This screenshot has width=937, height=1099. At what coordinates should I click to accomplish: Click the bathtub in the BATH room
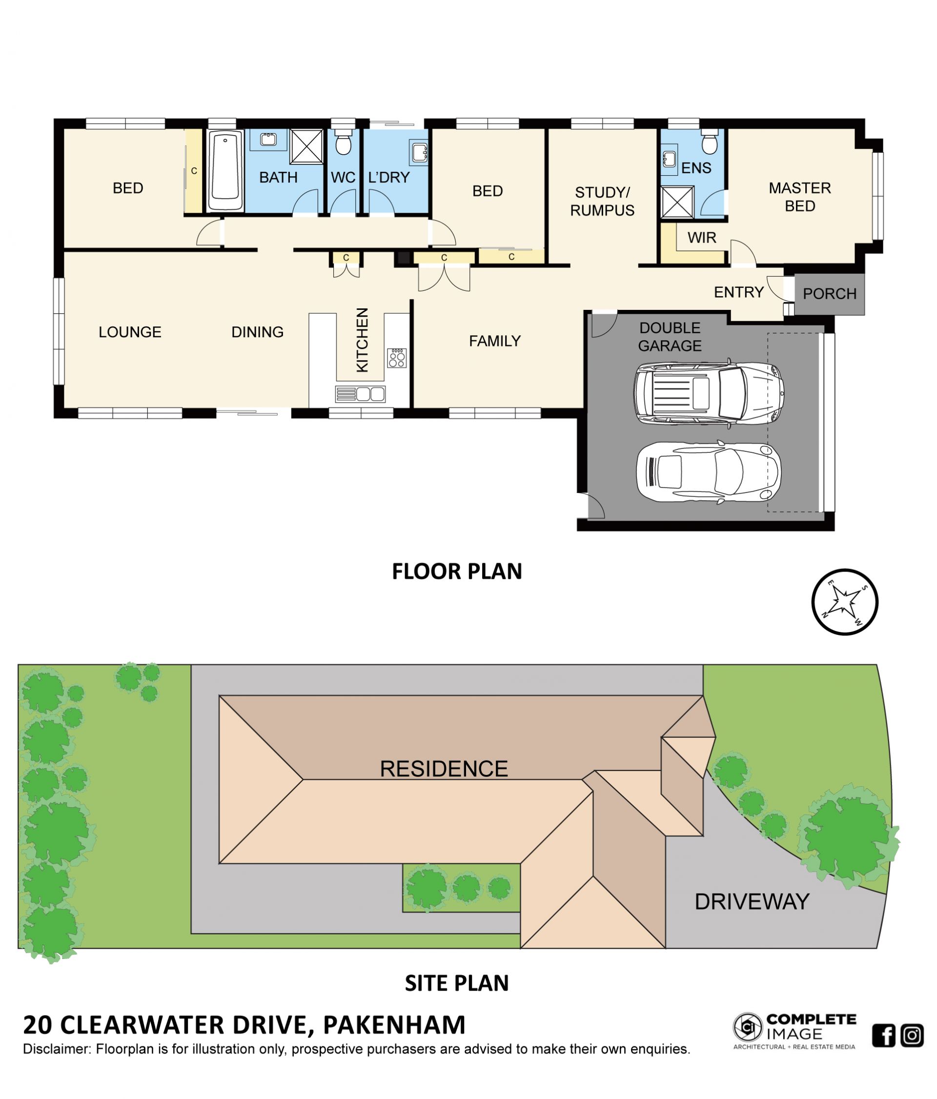225,171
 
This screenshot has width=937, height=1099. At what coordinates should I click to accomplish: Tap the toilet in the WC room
343,142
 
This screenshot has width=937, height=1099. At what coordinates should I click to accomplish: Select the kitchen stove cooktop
397,358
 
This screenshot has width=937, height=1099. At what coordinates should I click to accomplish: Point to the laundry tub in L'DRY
418,152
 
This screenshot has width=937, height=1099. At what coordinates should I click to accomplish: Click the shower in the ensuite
677,202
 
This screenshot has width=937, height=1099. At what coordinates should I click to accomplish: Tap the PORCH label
829,294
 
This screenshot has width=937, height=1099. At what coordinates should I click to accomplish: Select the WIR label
702,238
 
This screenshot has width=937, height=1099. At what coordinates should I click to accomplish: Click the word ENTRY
738,292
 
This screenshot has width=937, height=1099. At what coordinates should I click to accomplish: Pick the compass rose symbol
844,602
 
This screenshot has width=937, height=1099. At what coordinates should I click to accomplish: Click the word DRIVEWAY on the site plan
752,902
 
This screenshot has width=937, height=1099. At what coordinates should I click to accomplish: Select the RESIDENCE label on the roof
444,769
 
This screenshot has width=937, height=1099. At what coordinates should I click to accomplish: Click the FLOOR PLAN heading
457,571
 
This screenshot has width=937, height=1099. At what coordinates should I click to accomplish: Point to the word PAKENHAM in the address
394,1025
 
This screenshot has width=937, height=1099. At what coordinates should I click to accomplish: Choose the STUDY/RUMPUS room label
602,202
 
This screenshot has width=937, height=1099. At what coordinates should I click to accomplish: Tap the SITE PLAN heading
457,983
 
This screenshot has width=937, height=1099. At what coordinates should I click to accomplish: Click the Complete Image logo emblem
748,1027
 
